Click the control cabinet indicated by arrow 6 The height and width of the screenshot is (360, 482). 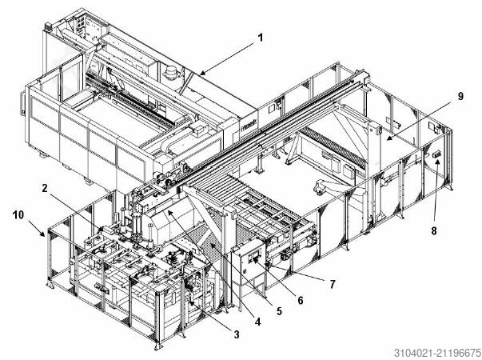247,264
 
